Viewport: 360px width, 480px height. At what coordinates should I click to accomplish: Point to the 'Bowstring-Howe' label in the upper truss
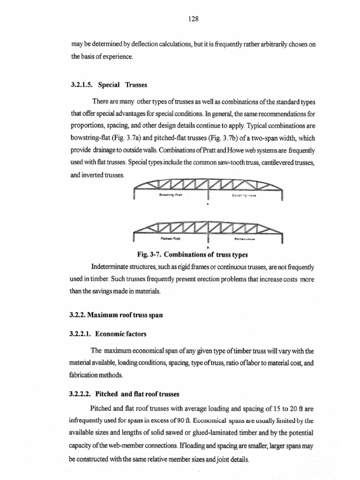point(244,194)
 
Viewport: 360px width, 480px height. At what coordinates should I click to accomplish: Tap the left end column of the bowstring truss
point(135,193)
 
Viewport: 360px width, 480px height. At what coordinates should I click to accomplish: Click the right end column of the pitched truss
point(282,238)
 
